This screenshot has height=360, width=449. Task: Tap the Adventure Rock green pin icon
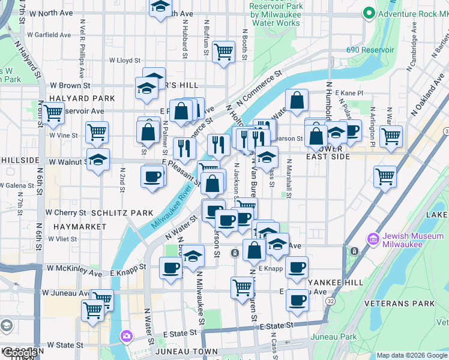368,13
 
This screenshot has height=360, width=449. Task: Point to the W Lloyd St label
124,61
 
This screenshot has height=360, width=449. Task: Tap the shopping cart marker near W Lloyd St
223,52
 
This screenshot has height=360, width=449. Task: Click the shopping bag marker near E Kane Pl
297,100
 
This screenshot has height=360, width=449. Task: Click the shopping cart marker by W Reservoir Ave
53,112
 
